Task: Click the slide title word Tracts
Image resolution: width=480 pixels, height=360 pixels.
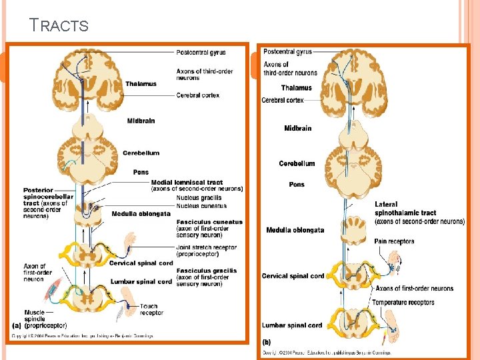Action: (x=59, y=25)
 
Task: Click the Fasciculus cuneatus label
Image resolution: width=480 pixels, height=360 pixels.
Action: (x=209, y=221)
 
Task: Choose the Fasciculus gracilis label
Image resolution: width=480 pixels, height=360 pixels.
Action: (x=207, y=270)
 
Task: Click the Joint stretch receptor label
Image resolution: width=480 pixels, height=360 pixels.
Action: (x=207, y=247)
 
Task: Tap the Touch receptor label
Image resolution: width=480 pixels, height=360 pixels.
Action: (x=151, y=309)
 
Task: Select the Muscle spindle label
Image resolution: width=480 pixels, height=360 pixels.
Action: (x=35, y=315)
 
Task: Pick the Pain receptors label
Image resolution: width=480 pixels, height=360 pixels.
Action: (x=394, y=241)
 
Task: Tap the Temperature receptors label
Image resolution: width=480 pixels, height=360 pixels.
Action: (x=403, y=302)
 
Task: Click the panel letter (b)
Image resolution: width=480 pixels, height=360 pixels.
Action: (x=267, y=341)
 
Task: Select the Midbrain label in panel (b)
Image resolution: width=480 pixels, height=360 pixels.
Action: (x=297, y=128)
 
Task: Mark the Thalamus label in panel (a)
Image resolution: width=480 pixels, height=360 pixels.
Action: (x=141, y=84)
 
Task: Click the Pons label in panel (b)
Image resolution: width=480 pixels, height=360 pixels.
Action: (x=297, y=185)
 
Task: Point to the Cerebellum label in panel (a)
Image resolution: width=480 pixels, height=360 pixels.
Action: (x=141, y=153)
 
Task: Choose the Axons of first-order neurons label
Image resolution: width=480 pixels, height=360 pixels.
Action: (x=414, y=289)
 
